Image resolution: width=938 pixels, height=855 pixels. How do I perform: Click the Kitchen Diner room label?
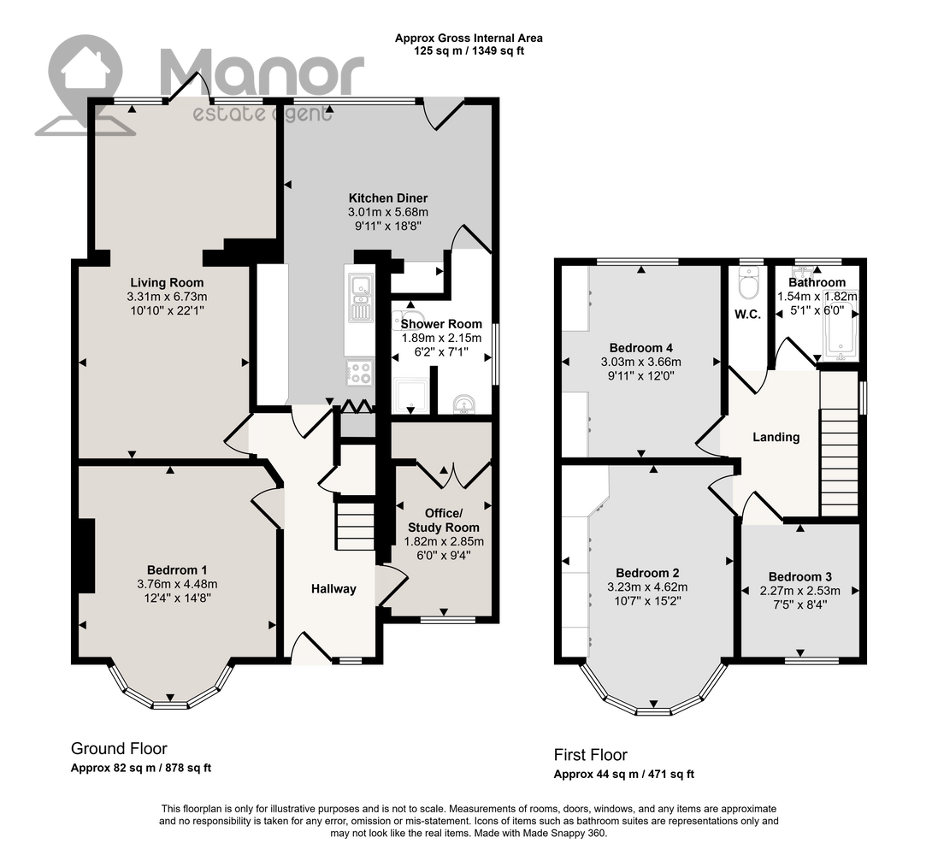(x=388, y=198)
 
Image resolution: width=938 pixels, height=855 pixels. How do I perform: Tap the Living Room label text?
(x=167, y=282)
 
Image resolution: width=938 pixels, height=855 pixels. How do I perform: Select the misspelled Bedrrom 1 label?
(x=177, y=570)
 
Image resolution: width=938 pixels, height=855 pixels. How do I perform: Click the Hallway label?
(x=333, y=589)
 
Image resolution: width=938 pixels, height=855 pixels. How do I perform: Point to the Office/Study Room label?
(x=443, y=521)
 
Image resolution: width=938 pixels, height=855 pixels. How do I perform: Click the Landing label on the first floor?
(x=776, y=438)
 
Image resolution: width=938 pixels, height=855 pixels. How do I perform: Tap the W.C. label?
(x=748, y=315)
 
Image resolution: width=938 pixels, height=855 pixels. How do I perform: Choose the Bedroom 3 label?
(x=799, y=577)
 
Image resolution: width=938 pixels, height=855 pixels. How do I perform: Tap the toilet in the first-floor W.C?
(x=748, y=282)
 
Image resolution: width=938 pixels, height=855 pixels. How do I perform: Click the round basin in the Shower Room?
(x=463, y=404)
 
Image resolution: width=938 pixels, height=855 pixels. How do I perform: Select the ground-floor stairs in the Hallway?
(x=354, y=527)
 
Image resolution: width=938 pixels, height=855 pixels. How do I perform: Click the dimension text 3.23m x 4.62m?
(x=647, y=587)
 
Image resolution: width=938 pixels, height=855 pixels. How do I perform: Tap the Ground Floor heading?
(x=119, y=748)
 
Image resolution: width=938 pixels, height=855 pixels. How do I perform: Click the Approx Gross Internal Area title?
(x=469, y=38)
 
